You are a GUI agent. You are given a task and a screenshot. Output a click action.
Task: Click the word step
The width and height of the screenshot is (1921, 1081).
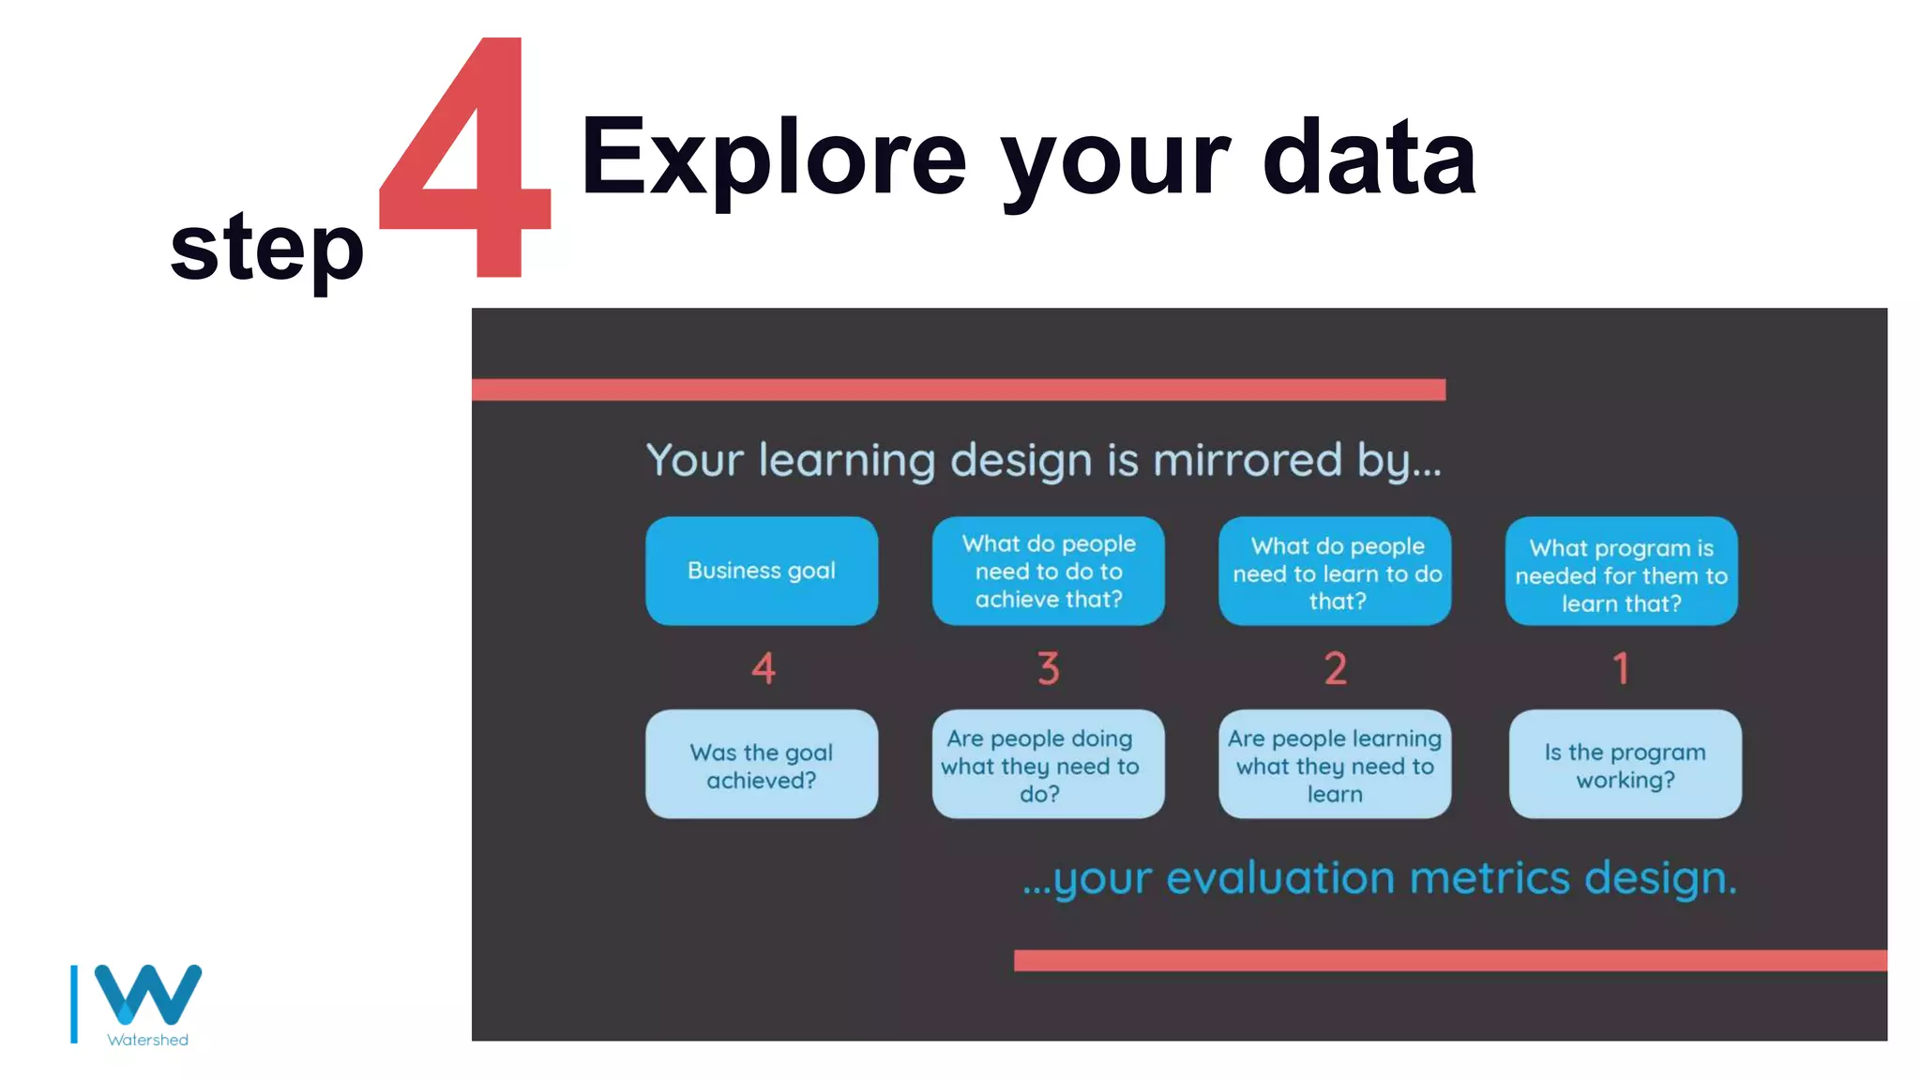coord(266,247)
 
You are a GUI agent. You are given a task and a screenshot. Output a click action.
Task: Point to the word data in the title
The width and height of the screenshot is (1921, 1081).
coord(1369,158)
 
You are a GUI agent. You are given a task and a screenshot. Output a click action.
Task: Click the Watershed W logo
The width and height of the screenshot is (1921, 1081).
coord(147,995)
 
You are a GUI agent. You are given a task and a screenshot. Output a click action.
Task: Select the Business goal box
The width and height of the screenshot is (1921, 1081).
coord(762,571)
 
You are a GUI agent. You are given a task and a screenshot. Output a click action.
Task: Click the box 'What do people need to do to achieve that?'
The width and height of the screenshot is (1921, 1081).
coord(1048,571)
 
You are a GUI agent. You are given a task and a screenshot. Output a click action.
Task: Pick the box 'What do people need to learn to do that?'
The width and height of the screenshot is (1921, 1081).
coord(1335,571)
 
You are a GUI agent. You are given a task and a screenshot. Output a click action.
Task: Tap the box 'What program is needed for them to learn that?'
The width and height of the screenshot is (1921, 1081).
coord(1621,571)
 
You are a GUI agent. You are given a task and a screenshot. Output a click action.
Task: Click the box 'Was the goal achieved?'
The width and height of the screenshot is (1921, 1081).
coord(762,765)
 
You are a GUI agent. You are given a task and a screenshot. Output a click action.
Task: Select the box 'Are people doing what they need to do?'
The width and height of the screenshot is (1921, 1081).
coord(1048,765)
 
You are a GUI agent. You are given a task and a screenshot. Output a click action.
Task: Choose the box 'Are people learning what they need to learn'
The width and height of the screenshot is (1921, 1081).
coord(1335,765)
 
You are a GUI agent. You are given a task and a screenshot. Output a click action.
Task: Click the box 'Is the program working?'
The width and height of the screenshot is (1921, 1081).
coord(1625,765)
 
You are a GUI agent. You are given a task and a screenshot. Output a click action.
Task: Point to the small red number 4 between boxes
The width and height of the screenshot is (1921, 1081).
coord(764,669)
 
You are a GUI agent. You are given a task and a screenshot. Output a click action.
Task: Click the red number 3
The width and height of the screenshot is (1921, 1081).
coord(1048,669)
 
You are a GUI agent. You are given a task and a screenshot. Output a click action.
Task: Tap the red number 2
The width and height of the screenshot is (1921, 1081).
coord(1335,669)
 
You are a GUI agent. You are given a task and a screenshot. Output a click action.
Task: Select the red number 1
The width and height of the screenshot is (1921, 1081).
coord(1621,669)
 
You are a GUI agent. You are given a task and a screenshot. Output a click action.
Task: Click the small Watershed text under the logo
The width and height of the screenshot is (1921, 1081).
coord(148,1040)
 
